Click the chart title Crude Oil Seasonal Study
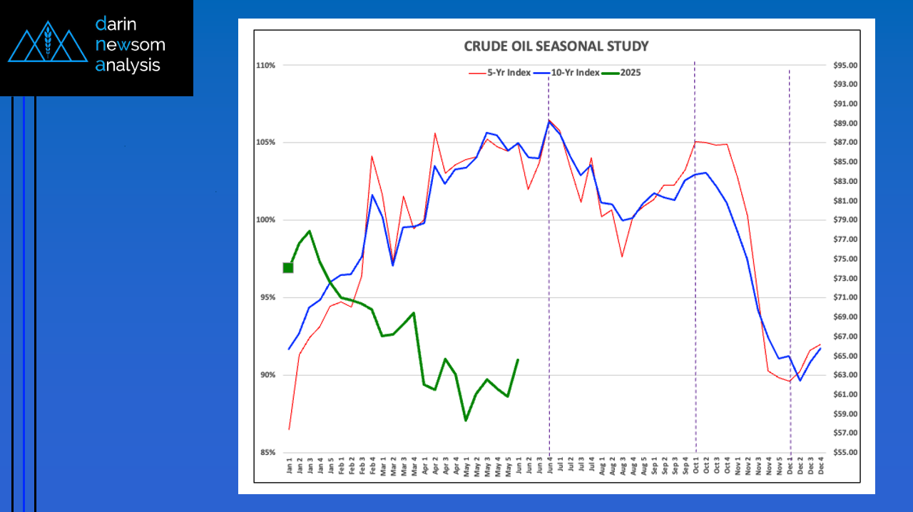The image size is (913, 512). pyautogui.click(x=556, y=46)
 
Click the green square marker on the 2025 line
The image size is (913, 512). pyautogui.click(x=288, y=267)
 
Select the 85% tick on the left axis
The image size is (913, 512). pyautogui.click(x=267, y=453)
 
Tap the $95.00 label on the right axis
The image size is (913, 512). pyautogui.click(x=845, y=66)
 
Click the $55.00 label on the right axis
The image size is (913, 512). pyautogui.click(x=845, y=453)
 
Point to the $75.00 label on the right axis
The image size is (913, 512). pyautogui.click(x=845, y=259)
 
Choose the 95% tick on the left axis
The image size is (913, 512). pyautogui.click(x=267, y=297)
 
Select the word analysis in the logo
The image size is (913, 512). pyautogui.click(x=128, y=66)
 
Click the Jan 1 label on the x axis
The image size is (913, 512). pyautogui.click(x=290, y=466)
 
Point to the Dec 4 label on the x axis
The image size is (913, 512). pyautogui.click(x=821, y=466)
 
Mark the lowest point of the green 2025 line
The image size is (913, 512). pyautogui.click(x=466, y=420)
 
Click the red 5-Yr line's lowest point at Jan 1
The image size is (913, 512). pyautogui.click(x=289, y=429)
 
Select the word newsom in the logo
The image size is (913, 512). pyautogui.click(x=130, y=45)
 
